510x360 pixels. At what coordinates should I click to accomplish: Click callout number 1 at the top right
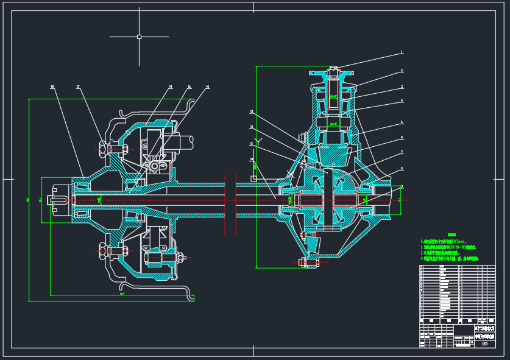click(402, 52)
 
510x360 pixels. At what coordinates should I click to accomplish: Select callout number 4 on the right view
click(402, 101)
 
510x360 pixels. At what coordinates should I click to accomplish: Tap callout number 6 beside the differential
click(402, 138)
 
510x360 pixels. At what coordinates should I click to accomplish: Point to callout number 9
click(402, 186)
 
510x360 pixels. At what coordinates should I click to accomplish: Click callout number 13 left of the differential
click(252, 111)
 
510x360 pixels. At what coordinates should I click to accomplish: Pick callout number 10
click(252, 160)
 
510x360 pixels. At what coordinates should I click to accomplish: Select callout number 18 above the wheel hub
click(52, 86)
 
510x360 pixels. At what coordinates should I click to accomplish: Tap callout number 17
click(78, 86)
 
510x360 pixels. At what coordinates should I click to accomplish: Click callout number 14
click(170, 86)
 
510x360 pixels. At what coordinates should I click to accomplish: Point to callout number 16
click(207, 86)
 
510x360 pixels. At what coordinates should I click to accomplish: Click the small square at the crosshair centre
click(139, 37)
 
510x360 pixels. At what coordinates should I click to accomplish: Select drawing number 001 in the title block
click(484, 344)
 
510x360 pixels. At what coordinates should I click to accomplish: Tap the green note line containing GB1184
click(447, 247)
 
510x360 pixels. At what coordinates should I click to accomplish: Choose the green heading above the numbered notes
click(452, 235)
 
